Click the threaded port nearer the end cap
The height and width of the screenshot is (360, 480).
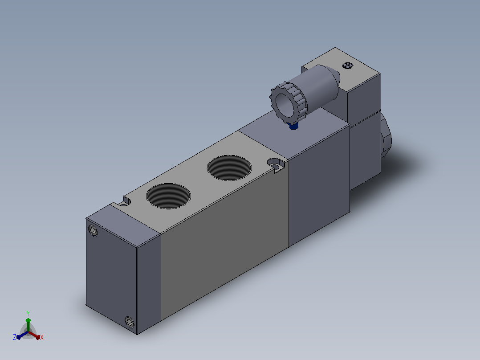click(x=168, y=196)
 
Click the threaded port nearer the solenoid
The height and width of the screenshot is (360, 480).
click(x=229, y=168)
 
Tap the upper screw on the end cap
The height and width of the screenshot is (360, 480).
click(x=93, y=230)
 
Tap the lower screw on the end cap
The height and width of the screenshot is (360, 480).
click(x=130, y=322)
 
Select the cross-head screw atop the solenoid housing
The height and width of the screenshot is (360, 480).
click(x=348, y=65)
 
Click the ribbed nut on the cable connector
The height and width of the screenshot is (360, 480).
click(x=288, y=101)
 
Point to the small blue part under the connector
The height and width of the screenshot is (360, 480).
click(x=293, y=126)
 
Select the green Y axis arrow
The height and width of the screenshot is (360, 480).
click(x=28, y=324)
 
